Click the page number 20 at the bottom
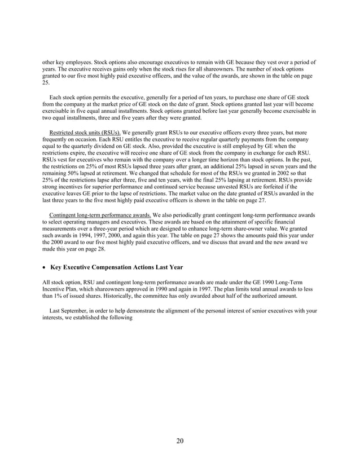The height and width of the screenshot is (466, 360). point(179,441)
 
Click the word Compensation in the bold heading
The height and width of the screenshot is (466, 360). point(115,266)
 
